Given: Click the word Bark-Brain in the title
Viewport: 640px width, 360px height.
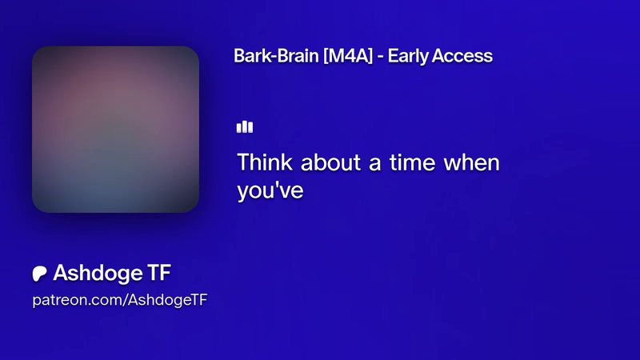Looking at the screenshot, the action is (276, 56).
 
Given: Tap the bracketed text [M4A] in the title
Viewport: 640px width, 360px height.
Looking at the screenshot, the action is (348, 56).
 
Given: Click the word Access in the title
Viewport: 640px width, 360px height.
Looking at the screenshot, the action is (462, 56).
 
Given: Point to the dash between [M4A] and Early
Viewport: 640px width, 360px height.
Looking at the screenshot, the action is (380, 57).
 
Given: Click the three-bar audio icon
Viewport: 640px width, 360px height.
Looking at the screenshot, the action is (245, 127).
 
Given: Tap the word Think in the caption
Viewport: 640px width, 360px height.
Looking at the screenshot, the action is (265, 162).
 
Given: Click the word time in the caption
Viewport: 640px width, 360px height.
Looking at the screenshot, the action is (412, 162).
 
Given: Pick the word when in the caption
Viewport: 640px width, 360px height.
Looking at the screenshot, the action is (471, 162).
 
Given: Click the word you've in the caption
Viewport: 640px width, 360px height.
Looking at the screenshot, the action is (270, 190).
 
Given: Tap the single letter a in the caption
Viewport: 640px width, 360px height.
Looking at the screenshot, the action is (375, 165).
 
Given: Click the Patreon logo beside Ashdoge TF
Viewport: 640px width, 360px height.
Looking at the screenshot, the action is (39, 274).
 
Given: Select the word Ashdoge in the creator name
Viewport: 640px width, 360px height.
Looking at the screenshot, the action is (98, 273).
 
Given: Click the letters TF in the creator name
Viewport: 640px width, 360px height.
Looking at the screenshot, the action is (158, 273).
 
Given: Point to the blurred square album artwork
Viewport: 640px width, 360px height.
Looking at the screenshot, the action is (115, 130).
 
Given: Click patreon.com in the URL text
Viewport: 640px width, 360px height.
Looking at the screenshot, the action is (77, 301).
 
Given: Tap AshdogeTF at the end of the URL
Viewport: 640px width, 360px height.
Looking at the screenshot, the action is (168, 301).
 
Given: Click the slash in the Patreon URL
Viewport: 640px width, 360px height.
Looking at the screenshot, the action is (125, 301).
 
